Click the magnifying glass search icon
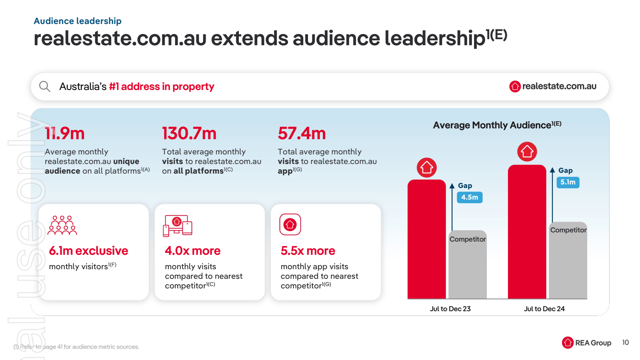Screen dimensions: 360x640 point(44,86)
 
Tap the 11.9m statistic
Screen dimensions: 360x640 point(65,134)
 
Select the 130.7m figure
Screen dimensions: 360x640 point(189,134)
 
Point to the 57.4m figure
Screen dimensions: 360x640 point(302,134)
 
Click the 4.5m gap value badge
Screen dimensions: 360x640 point(469,197)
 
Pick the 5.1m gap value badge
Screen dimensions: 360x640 point(568,182)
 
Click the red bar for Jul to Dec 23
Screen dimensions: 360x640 point(426,240)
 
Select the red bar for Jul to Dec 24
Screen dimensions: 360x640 point(527,232)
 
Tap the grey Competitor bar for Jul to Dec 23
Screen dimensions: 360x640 point(467,268)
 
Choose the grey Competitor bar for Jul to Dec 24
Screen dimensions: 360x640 point(568,264)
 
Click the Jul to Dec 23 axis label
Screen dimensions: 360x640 point(450,309)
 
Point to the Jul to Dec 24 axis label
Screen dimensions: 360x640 point(544,309)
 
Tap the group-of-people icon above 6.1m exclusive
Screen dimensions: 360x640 point(62,225)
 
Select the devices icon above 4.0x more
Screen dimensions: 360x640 point(178,226)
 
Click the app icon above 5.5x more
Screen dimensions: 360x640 point(290,225)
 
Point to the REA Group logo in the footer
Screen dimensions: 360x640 point(586,343)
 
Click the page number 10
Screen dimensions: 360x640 point(625,342)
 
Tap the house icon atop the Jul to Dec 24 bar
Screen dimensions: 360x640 point(527,152)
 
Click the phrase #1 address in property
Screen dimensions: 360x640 point(162,86)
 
